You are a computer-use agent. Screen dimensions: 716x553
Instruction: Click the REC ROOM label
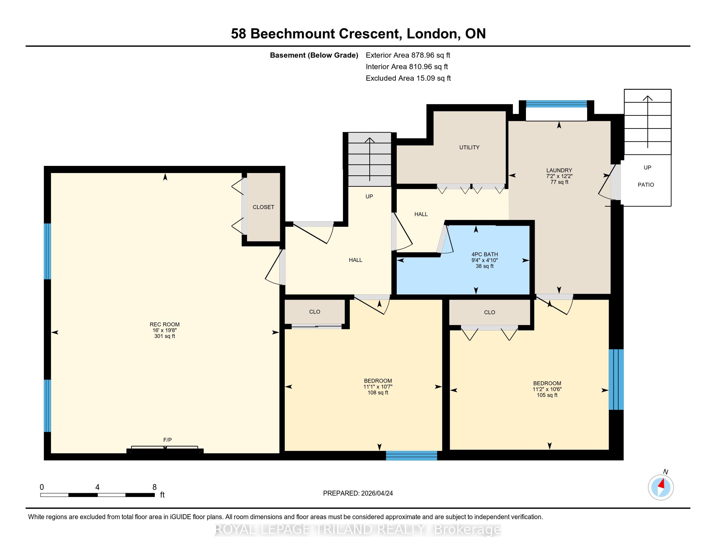165,324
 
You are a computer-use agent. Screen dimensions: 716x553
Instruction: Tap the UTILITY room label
469,147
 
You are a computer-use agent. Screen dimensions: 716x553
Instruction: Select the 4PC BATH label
485,254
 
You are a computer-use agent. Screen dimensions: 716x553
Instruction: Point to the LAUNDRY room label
559,170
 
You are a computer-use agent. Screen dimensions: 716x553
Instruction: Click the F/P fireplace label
168,440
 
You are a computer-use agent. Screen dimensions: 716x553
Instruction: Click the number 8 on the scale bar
154,487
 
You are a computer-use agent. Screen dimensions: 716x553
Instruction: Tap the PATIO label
646,185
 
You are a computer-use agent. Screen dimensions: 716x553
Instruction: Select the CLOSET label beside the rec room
263,207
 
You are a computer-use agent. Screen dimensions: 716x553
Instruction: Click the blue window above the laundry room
556,104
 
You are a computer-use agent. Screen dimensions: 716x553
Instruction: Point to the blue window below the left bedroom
411,456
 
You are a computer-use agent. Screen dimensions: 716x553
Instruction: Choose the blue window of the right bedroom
616,379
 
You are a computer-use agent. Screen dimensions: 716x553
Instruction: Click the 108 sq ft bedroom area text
378,393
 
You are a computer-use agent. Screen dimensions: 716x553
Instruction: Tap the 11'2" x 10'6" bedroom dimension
547,389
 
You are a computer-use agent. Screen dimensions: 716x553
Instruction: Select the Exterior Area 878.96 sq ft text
408,55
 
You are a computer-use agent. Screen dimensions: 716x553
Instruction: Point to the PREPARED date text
358,493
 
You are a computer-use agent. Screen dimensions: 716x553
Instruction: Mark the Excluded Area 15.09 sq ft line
408,78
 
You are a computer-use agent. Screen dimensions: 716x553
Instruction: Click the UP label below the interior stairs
369,196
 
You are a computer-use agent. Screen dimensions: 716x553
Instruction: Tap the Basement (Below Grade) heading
314,55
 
